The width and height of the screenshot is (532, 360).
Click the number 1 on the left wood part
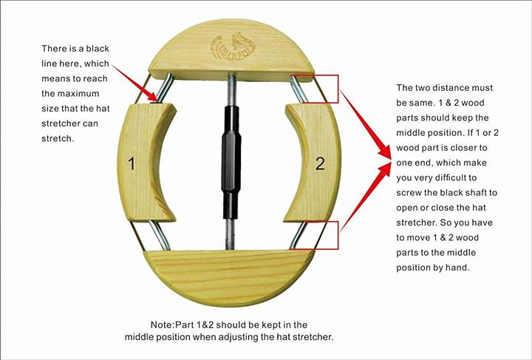coord(132,163)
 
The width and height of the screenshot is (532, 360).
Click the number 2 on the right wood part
coord(320,163)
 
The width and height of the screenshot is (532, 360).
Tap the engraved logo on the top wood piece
coord(233,46)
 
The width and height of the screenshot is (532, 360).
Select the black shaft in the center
coord(231,162)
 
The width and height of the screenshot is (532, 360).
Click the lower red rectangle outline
coord(338,235)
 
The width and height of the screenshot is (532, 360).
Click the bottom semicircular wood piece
coord(230,277)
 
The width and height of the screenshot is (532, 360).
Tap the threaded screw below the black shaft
coord(230,234)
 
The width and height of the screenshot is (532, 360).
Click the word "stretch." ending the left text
coord(58,138)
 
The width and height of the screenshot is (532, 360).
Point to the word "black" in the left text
coord(98,49)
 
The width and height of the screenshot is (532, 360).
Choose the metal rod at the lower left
coord(160,236)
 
